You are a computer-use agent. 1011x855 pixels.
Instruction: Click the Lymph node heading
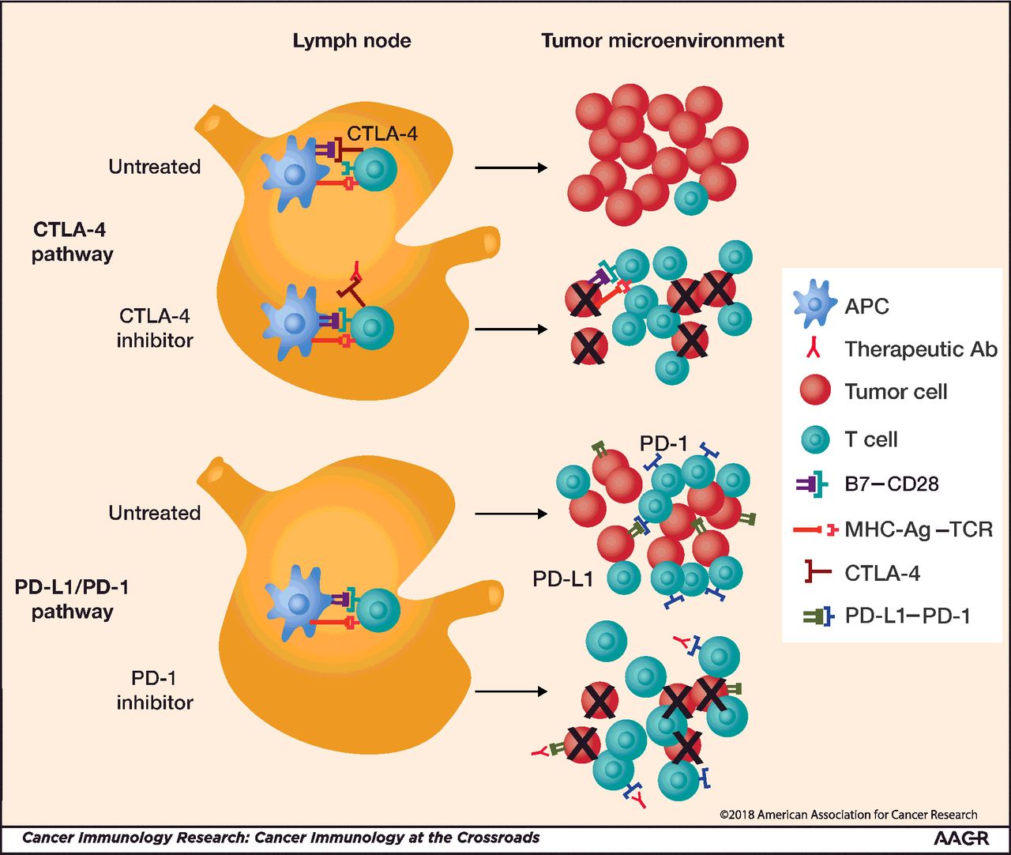(351, 41)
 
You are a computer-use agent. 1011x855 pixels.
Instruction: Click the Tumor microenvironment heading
(663, 41)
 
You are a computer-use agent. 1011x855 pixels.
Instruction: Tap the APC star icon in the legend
(814, 306)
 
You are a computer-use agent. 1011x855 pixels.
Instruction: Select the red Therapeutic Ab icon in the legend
(814, 348)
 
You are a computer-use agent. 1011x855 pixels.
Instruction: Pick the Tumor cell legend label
(896, 392)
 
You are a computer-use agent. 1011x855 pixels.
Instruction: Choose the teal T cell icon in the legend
(815, 439)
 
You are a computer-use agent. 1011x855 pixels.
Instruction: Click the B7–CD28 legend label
(892, 484)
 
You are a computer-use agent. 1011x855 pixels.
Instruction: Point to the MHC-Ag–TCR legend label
(919, 529)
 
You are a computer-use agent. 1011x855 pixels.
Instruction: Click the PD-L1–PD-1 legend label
(908, 616)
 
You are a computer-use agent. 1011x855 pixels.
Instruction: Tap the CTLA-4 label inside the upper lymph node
(382, 134)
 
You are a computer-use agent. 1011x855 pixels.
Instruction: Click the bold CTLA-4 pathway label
(72, 242)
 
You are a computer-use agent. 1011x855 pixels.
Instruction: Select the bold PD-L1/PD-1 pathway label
(72, 599)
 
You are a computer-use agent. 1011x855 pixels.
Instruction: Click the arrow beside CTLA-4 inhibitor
(511, 329)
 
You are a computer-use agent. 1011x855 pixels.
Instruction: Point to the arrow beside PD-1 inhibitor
(511, 691)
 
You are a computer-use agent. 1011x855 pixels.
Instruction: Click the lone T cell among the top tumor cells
(691, 198)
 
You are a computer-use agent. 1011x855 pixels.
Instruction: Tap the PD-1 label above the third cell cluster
(663, 444)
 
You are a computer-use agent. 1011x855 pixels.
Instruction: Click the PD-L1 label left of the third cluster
(562, 579)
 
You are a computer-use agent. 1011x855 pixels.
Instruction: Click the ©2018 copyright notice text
(848, 815)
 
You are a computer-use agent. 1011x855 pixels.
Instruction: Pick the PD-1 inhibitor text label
(155, 690)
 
